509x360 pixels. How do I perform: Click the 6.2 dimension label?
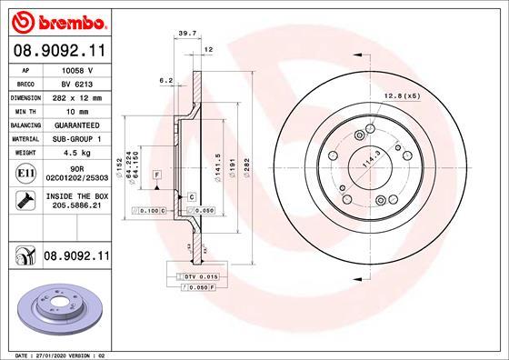(x=166, y=81)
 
